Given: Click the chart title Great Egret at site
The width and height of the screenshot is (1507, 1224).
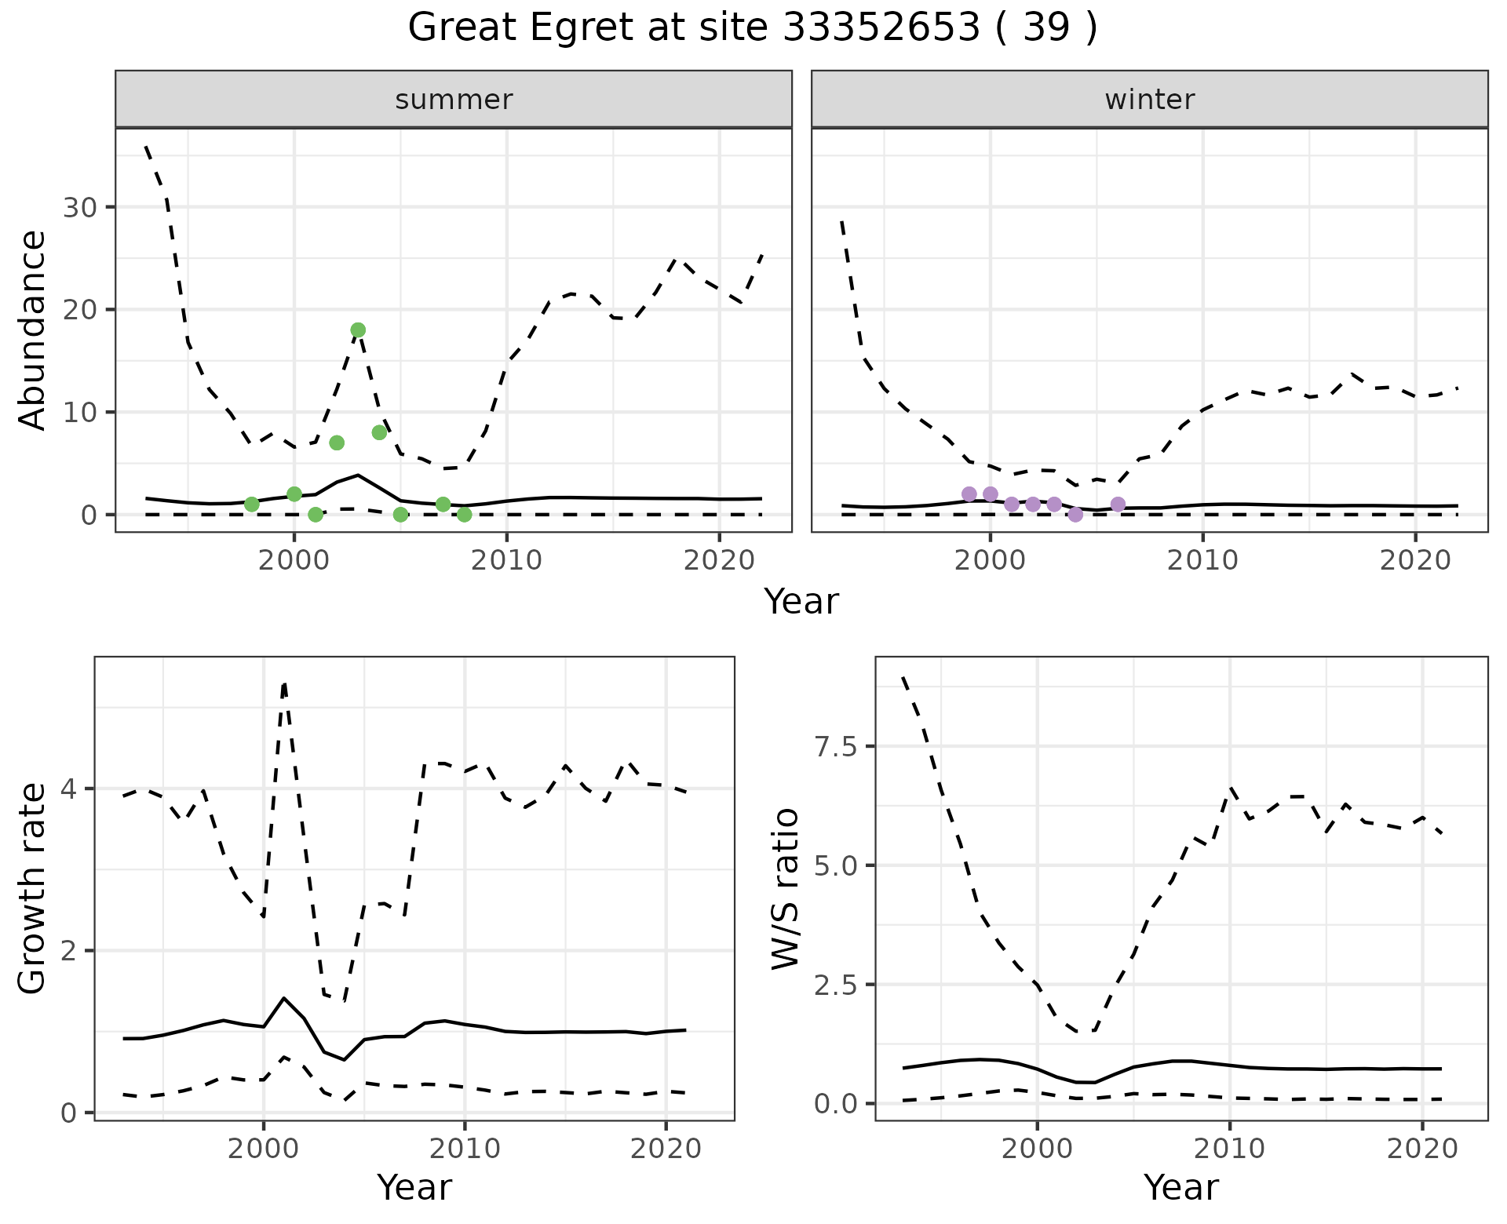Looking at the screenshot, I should tap(752, 28).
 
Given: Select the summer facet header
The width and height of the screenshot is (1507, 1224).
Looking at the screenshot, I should tap(454, 100).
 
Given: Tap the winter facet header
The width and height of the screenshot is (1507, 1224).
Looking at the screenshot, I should tap(1149, 100).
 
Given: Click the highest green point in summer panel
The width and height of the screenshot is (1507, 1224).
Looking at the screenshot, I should tap(358, 330).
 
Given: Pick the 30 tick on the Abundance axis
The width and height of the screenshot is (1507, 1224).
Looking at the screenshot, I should tap(78, 208).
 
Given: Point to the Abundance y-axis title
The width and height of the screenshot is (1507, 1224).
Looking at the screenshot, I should tap(33, 330).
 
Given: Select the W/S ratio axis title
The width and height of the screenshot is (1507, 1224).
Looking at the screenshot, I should tap(785, 888).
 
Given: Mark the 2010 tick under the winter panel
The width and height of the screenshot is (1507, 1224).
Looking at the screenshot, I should tap(1202, 560).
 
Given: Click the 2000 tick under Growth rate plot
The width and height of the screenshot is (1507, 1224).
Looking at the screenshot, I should tap(263, 1149).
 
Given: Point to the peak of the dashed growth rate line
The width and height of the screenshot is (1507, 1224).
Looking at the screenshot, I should tap(284, 684).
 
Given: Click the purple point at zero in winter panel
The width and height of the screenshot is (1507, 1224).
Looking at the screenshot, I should tap(1075, 515).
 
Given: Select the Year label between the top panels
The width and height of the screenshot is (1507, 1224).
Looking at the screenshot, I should tap(801, 602).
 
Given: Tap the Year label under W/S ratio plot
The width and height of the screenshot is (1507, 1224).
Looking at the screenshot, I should tap(1180, 1187).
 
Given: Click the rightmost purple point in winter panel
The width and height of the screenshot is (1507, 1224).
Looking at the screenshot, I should tap(1118, 505).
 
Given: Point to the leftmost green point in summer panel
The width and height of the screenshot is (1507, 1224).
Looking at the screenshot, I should tap(252, 505).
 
